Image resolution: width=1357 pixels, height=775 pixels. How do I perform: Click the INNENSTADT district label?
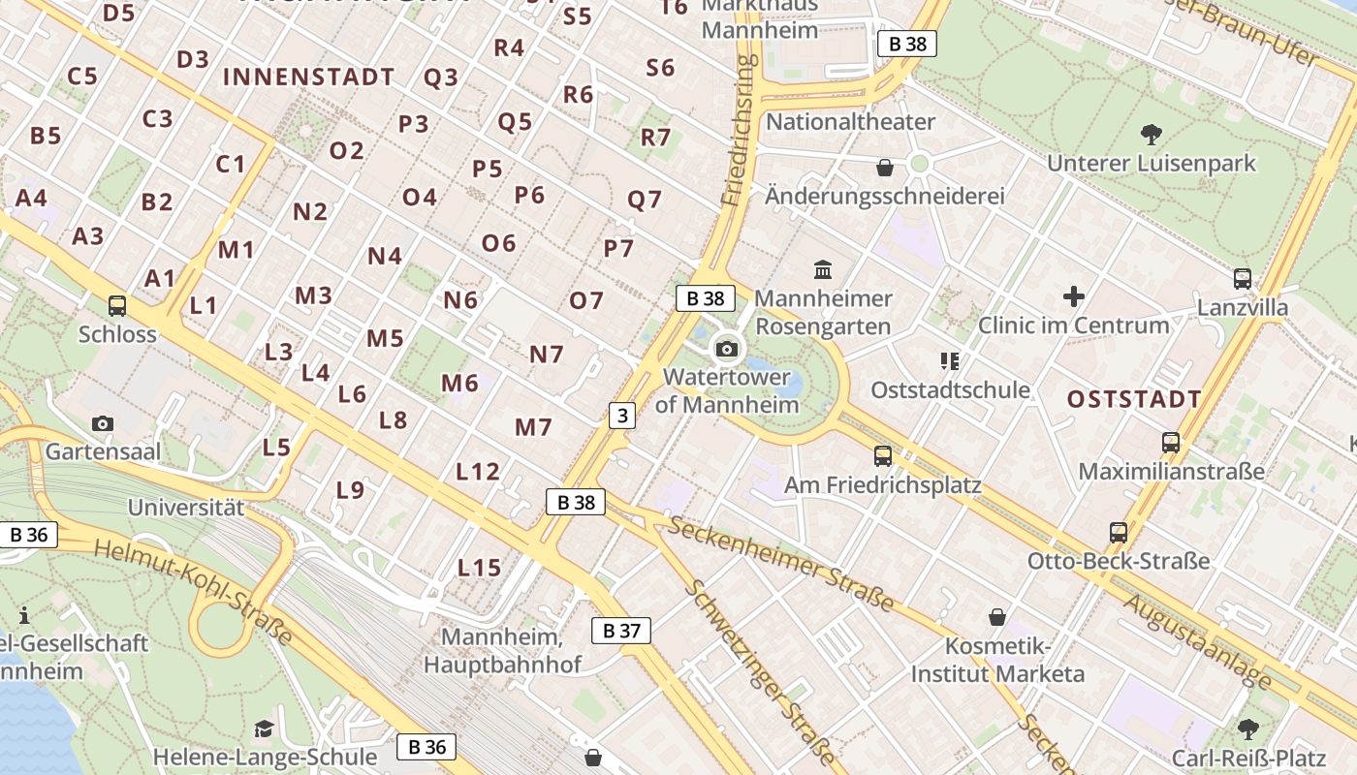(x=309, y=77)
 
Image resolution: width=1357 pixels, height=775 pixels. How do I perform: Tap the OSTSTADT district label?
(x=1134, y=399)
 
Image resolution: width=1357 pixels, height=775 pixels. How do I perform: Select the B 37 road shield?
(x=621, y=632)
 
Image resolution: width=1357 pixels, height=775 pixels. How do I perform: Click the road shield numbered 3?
(x=621, y=417)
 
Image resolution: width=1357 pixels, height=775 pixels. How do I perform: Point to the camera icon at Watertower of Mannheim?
(x=727, y=349)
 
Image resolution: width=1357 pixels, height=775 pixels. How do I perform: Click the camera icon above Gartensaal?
(x=103, y=423)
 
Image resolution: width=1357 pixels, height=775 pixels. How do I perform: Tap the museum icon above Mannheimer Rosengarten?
(x=823, y=268)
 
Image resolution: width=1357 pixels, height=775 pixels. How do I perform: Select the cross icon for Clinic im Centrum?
(x=1073, y=296)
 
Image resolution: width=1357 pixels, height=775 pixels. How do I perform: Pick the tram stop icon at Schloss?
(x=117, y=306)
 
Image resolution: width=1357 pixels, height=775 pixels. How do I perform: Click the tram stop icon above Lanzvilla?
(x=1243, y=279)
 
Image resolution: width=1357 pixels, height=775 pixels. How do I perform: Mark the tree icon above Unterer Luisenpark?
(x=1151, y=134)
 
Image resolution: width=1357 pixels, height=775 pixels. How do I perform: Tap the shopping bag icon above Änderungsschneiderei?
(x=884, y=168)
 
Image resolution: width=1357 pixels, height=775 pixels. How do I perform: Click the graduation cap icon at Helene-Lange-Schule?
(x=264, y=728)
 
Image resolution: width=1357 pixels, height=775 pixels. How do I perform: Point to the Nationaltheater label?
(x=850, y=122)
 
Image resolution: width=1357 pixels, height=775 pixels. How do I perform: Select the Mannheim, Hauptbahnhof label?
(x=502, y=651)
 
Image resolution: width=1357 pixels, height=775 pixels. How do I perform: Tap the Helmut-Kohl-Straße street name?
(x=193, y=592)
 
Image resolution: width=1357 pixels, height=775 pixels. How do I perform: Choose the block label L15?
(x=479, y=568)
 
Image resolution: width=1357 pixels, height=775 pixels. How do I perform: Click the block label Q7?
(x=645, y=200)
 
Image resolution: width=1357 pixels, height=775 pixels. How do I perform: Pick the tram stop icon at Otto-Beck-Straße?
(x=1119, y=532)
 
